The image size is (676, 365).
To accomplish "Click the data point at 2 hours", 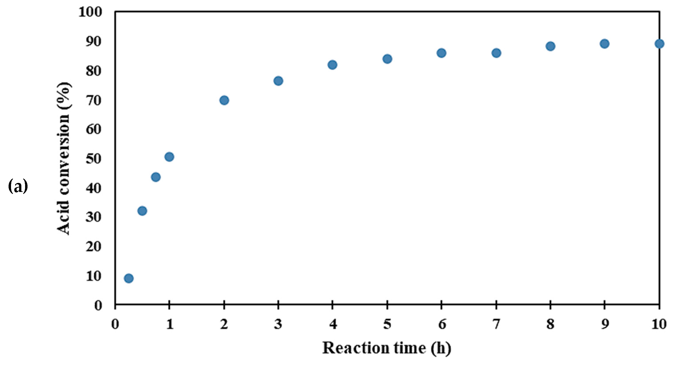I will click(224, 100).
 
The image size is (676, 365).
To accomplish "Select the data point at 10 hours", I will click(659, 44).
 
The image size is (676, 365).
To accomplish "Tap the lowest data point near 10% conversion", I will click(129, 278).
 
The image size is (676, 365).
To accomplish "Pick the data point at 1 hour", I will click(169, 157).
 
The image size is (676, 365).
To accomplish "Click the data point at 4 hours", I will click(332, 65).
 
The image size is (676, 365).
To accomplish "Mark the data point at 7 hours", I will click(496, 53).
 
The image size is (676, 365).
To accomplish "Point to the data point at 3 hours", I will click(278, 81).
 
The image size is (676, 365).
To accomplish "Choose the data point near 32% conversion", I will click(142, 211).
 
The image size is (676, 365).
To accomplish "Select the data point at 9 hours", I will click(604, 44).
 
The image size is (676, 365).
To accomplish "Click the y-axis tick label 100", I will click(90, 12).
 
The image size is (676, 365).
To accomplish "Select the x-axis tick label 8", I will click(550, 324).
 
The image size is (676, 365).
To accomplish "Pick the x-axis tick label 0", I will click(115, 324).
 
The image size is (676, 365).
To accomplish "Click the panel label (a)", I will click(18, 186).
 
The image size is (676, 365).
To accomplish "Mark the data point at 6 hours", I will click(441, 53).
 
